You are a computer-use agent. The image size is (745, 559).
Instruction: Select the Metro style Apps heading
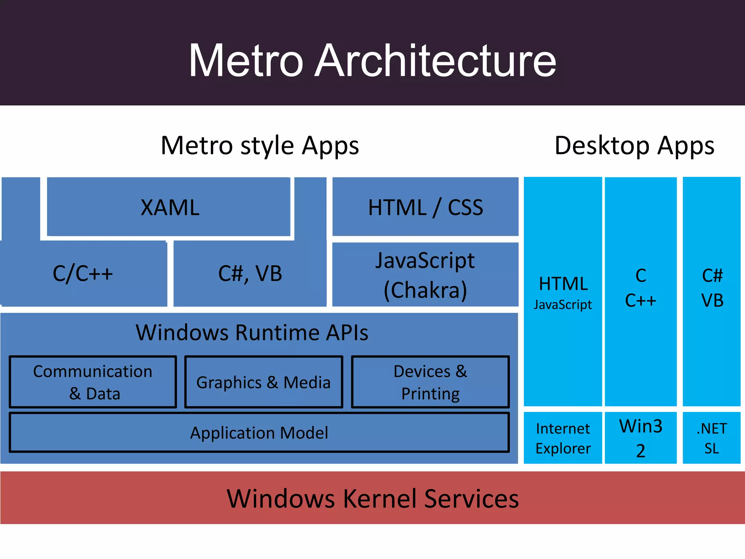[x=260, y=146]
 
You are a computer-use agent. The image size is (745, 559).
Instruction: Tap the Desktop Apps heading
[x=634, y=146]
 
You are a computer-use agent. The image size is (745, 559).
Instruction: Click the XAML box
[x=170, y=207]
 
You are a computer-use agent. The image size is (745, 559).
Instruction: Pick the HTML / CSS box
[x=425, y=207]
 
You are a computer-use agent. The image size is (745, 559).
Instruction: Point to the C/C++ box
[x=83, y=274]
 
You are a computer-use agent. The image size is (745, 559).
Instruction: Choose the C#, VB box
[x=250, y=274]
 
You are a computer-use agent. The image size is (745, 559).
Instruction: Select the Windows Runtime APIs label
[x=252, y=332]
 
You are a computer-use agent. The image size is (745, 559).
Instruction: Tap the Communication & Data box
[x=93, y=382]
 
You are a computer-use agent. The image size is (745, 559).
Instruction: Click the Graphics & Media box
[x=263, y=382]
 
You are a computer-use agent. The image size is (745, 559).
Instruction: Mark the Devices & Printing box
[x=430, y=382]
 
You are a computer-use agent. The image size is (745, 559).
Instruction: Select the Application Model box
[x=259, y=433]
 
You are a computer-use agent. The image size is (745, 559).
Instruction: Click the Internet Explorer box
[x=563, y=438]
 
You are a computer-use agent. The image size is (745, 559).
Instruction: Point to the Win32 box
[x=641, y=438]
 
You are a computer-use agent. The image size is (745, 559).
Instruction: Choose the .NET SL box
[x=712, y=438]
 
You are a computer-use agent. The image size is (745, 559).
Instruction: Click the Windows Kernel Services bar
[x=372, y=498]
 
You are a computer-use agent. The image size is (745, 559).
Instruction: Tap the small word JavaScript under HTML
[x=563, y=304]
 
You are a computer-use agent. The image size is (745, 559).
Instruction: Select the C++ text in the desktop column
[x=641, y=301]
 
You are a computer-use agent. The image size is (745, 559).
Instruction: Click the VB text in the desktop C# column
[x=712, y=301]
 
